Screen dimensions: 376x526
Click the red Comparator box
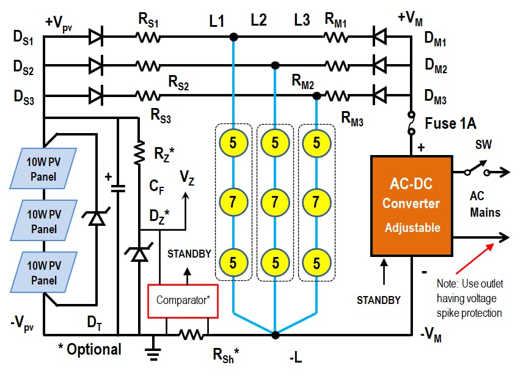[183, 300]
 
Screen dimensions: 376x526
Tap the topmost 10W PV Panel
[44, 169]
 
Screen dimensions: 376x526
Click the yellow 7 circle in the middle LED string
[275, 201]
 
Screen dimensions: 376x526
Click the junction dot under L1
[233, 37]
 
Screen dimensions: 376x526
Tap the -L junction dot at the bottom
[276, 334]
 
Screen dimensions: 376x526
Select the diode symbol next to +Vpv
[96, 37]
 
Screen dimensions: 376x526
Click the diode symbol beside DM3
[380, 95]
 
